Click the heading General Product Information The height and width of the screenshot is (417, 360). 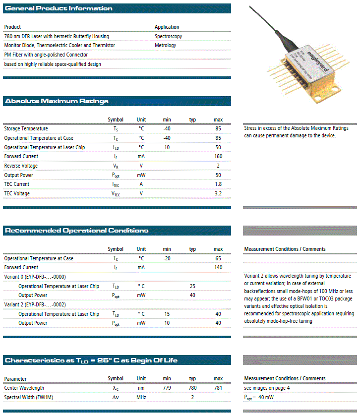59,8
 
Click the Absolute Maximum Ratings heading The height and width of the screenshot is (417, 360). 57,101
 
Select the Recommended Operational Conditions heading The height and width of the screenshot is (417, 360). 76,231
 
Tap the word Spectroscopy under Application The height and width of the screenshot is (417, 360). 168,36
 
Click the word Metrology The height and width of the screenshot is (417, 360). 165,45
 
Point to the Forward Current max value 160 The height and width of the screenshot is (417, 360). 218,156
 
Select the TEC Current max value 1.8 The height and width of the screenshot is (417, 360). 218,184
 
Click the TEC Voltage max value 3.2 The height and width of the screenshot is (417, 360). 218,193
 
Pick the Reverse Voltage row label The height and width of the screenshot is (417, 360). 21,166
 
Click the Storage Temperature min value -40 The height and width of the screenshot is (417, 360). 167,128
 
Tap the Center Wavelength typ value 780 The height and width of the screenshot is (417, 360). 192,388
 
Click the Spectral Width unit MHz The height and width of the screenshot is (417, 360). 141,397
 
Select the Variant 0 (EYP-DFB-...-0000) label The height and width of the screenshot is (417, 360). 35,277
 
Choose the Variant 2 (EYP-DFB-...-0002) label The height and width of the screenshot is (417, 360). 35,304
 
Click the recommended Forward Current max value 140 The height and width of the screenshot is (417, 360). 218,267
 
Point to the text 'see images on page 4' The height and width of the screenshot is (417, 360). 267,388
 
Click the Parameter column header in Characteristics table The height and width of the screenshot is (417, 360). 15,379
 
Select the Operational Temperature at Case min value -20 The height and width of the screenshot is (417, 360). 167,258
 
